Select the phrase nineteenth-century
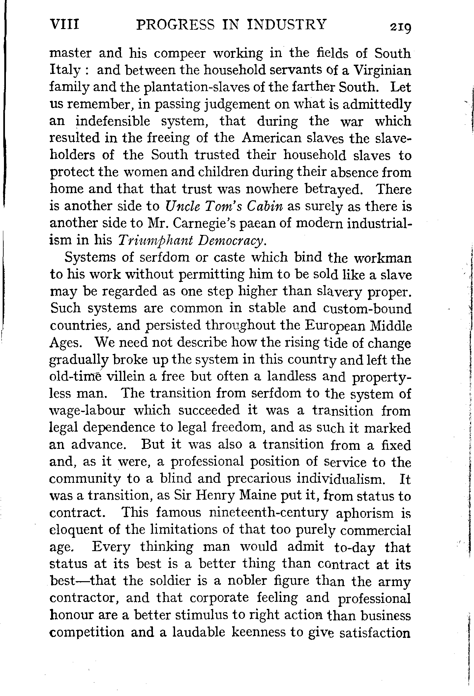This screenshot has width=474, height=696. coord(269,513)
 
